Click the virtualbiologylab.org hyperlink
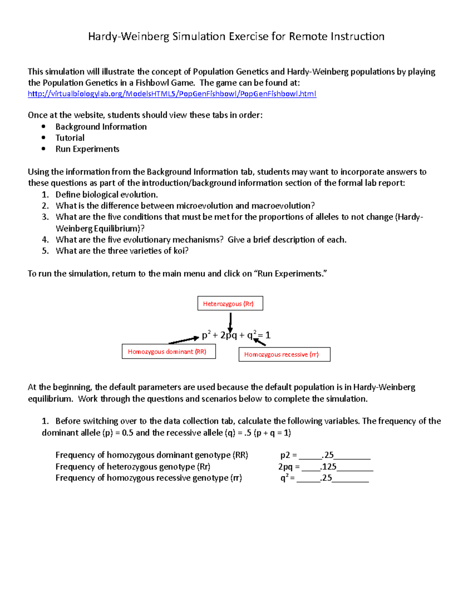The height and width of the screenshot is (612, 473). (172, 94)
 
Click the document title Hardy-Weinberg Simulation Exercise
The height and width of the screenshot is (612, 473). (236, 37)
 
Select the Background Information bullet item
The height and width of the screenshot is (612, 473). (101, 126)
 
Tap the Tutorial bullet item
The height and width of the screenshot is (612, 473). (70, 138)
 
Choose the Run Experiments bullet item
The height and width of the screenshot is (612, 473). (87, 149)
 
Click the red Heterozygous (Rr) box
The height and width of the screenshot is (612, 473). (230, 303)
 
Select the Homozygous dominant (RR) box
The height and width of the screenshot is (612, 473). (169, 352)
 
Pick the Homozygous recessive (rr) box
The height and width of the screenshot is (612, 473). (284, 354)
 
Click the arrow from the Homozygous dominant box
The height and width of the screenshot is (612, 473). (183, 340)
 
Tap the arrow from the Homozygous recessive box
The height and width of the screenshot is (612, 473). (260, 342)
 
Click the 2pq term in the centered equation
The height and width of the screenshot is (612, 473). (229, 335)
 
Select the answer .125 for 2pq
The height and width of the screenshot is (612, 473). (329, 467)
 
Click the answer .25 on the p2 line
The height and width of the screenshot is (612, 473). (328, 455)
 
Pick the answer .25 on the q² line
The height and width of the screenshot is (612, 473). (326, 478)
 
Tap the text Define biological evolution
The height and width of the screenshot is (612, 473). (106, 195)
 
